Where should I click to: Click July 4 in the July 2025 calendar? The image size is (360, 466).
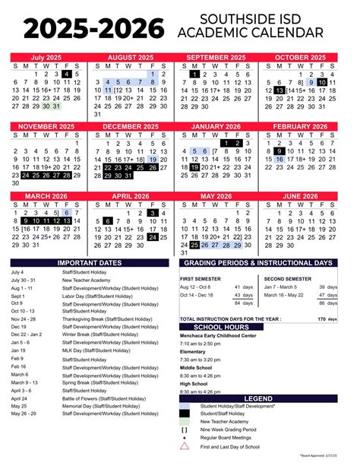coord(66,74)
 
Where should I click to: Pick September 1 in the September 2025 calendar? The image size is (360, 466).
coord(194,74)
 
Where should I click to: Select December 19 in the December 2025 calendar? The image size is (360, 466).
coord(153,160)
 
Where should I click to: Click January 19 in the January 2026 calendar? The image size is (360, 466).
coord(194,167)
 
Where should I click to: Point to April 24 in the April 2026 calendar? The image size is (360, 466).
coord(153,237)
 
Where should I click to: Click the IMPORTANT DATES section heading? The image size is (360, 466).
coord(90,263)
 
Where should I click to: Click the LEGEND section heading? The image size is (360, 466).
coord(258,398)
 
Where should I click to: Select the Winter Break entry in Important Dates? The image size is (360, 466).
coord(87,333)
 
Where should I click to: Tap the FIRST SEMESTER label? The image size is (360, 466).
coord(200,279)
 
